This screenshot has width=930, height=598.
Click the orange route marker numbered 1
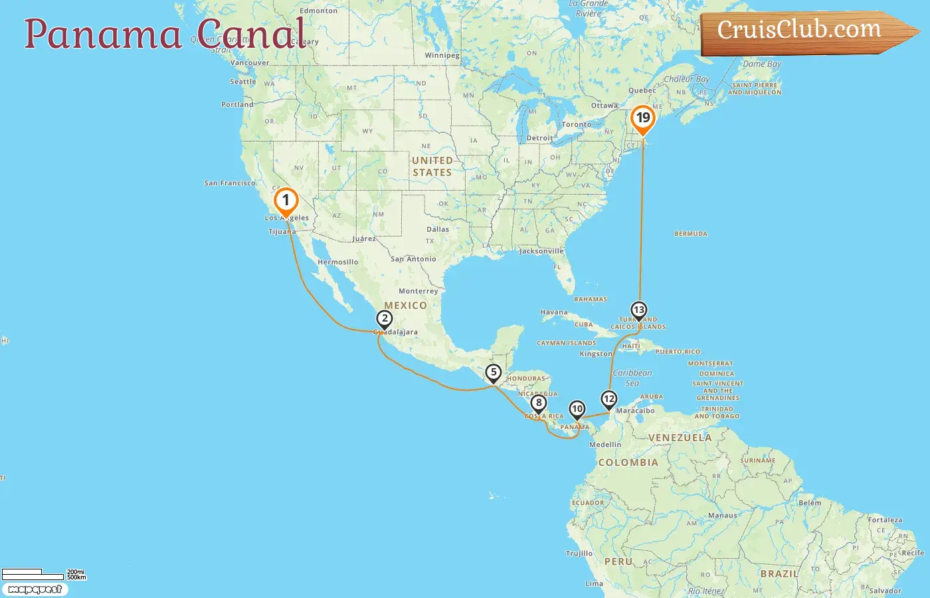(x=286, y=200)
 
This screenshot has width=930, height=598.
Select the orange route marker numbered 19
(x=642, y=119)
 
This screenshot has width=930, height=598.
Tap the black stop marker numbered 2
(x=384, y=319)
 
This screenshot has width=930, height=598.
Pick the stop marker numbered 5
(x=493, y=373)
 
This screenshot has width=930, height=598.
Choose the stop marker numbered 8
(x=538, y=403)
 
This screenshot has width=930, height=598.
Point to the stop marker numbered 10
(x=577, y=409)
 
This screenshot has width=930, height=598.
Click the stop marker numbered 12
(x=608, y=399)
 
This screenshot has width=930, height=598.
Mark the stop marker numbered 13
(x=638, y=310)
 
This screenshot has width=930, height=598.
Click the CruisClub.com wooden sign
(x=804, y=31)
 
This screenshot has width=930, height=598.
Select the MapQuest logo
(x=35, y=589)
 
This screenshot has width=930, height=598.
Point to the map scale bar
(x=33, y=575)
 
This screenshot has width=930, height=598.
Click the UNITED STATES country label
(x=432, y=166)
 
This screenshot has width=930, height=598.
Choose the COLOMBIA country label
(x=628, y=462)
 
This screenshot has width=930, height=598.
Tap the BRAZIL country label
(x=779, y=573)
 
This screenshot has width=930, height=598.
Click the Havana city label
(x=554, y=312)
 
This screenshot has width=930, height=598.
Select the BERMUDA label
(x=691, y=234)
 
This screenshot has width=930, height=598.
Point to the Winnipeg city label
(x=442, y=55)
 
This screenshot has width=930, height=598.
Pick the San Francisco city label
(x=230, y=183)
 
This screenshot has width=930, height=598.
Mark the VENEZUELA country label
(x=680, y=438)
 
